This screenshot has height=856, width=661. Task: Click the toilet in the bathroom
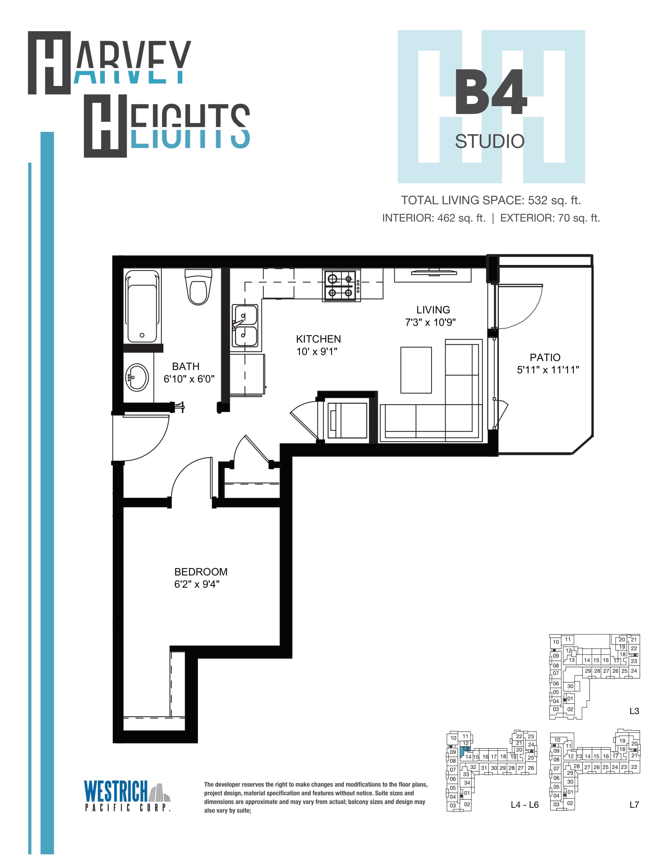pyautogui.click(x=199, y=286)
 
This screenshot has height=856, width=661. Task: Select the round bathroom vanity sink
pyautogui.click(x=137, y=377)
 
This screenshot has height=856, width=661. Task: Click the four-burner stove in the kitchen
pyautogui.click(x=341, y=286)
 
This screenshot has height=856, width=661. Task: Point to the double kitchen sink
pyautogui.click(x=245, y=326)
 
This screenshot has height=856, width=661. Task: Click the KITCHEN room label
pyautogui.click(x=318, y=339)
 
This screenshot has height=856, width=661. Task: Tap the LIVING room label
pyautogui.click(x=433, y=310)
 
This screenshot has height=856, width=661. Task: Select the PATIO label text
pyautogui.click(x=545, y=358)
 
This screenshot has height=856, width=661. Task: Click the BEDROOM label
pyautogui.click(x=201, y=572)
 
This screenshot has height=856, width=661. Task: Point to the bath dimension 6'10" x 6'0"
pyautogui.click(x=189, y=379)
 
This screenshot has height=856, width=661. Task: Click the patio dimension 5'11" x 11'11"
pyautogui.click(x=548, y=370)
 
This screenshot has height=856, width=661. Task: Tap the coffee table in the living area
pyautogui.click(x=416, y=370)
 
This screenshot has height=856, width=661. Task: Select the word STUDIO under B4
pyautogui.click(x=490, y=142)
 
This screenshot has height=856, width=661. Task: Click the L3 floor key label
pyautogui.click(x=634, y=711)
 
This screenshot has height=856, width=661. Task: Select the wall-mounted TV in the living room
pyautogui.click(x=434, y=272)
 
